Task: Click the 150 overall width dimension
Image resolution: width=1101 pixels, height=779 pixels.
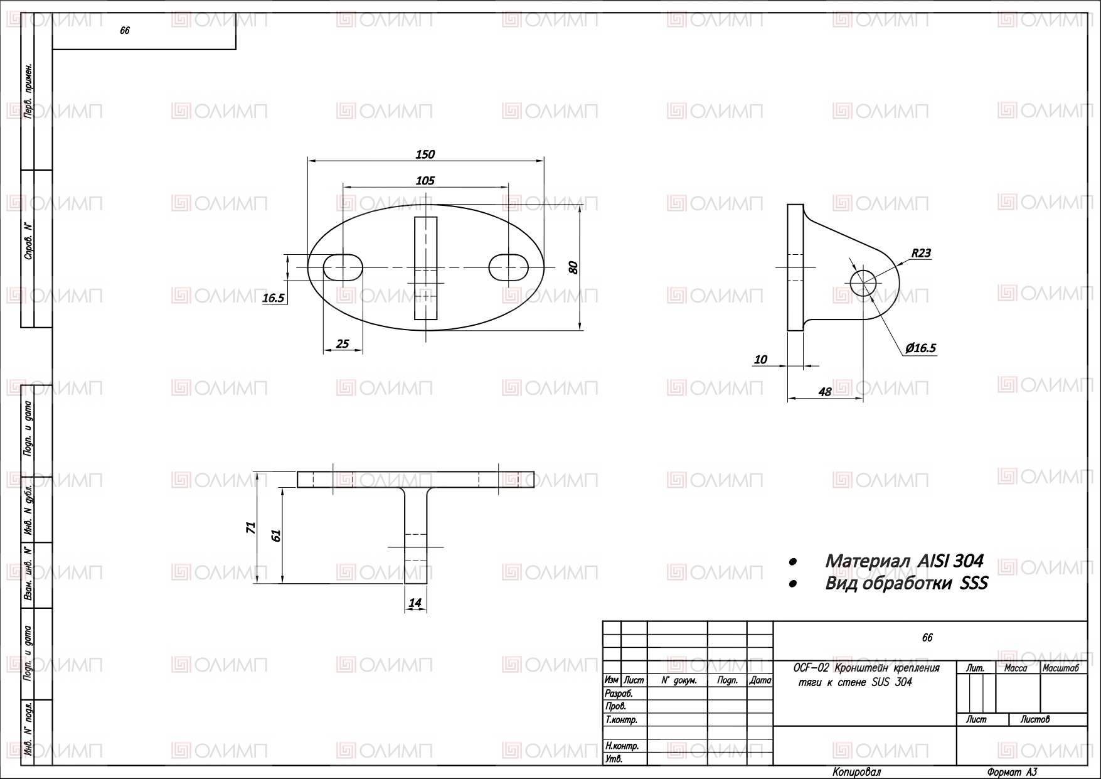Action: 425,154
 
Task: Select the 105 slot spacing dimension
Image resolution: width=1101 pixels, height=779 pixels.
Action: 425,181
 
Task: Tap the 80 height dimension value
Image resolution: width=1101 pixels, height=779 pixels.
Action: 573,267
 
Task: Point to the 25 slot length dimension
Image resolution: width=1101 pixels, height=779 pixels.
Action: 343,343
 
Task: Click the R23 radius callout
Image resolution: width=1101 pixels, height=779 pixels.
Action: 921,254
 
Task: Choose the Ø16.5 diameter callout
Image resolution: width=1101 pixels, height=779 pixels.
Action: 920,348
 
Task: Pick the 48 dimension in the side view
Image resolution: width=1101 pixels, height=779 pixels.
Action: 825,392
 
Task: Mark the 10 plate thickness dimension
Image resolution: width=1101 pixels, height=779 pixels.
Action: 760,360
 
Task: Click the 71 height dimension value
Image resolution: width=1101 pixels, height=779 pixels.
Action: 251,527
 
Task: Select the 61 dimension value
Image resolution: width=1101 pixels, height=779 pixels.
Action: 275,535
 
